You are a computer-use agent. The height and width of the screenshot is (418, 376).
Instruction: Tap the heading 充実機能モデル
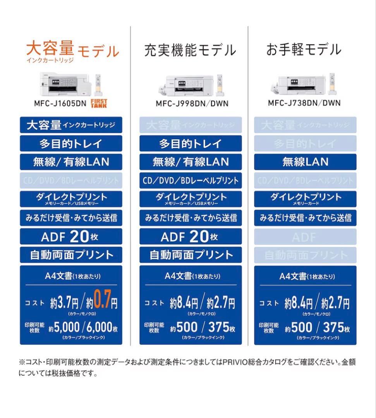click(x=190, y=50)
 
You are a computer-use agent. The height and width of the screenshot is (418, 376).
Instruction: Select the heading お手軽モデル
click(x=304, y=50)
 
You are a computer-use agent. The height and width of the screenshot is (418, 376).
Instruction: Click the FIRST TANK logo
click(x=98, y=103)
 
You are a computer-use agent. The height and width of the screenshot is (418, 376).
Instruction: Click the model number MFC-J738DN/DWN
click(x=304, y=103)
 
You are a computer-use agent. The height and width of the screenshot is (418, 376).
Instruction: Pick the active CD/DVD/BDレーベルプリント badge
click(x=191, y=180)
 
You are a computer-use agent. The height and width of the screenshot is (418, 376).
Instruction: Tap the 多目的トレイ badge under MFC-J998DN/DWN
click(x=191, y=144)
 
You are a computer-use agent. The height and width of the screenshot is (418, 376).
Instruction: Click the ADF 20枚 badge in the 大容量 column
click(x=71, y=236)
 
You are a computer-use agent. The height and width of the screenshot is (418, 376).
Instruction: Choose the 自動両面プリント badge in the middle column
click(x=191, y=255)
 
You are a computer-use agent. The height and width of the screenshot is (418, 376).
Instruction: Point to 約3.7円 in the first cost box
click(x=64, y=303)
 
